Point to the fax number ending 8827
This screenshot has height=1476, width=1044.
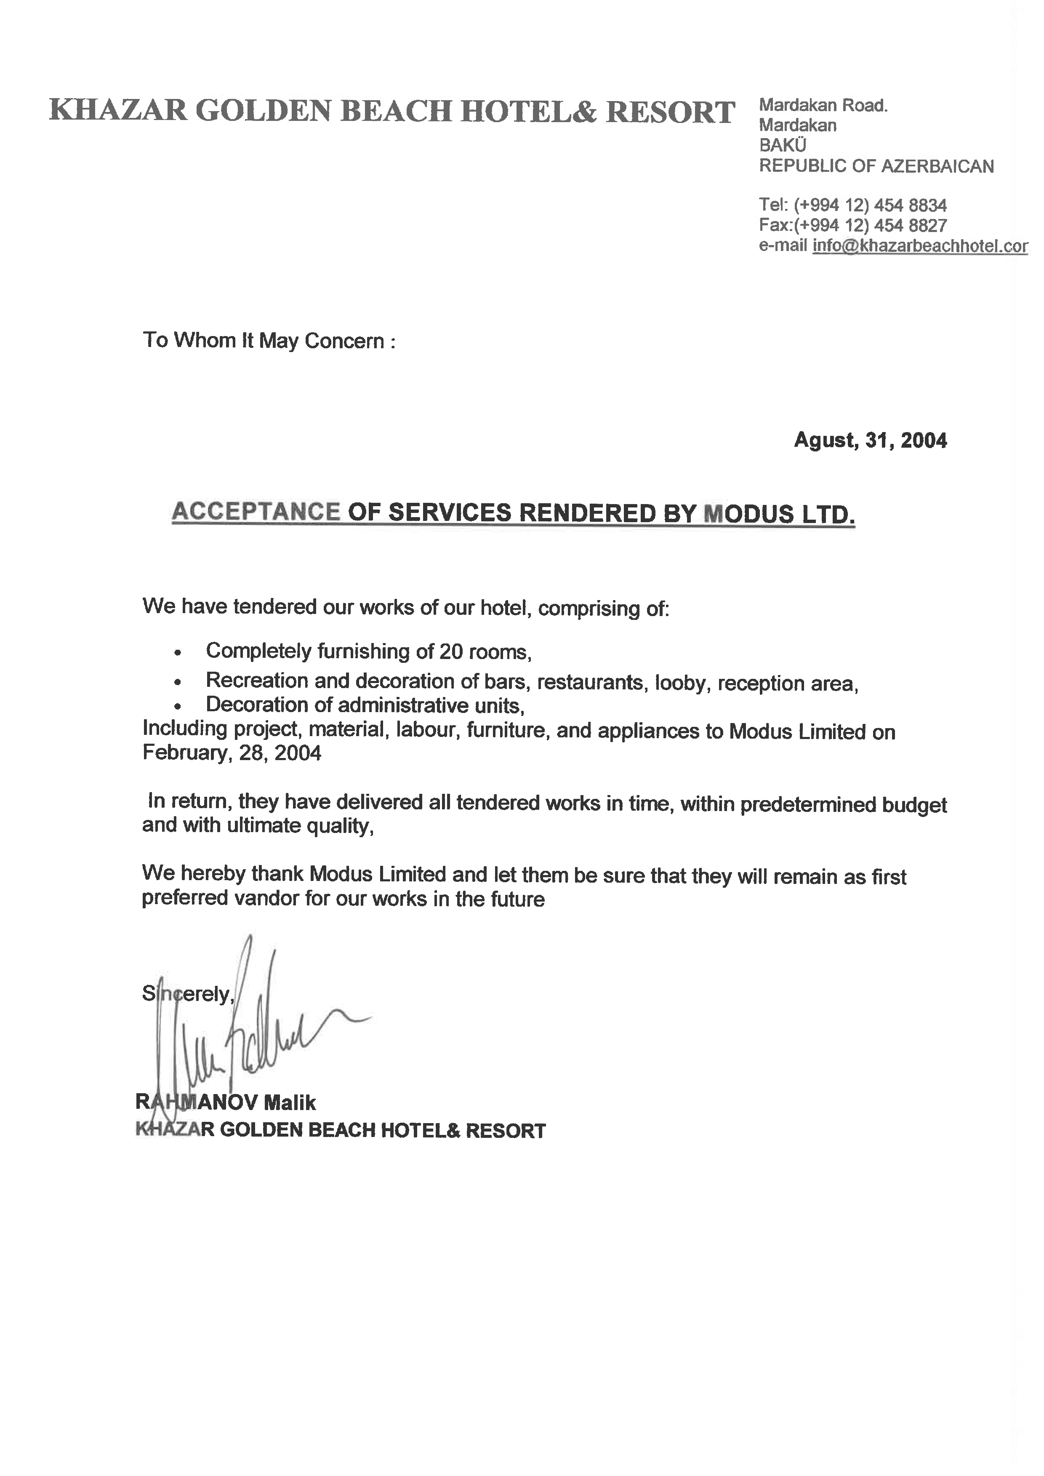[870, 225]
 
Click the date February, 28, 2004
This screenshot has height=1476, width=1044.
[232, 753]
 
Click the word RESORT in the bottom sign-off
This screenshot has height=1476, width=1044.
[505, 1131]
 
